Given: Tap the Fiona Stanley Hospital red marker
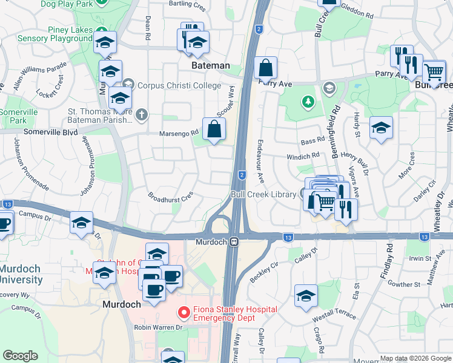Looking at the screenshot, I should [182, 313].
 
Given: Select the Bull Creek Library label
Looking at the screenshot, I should [263, 194].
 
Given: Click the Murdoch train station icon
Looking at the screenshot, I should [233, 241].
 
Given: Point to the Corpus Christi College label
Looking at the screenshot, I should [179, 85].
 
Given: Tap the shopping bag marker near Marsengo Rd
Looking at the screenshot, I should [214, 129].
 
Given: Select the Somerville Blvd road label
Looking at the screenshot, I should [51, 131].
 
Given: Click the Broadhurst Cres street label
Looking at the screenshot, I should [170, 196].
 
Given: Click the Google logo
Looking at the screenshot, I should [21, 355].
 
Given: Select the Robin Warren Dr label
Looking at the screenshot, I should [158, 327].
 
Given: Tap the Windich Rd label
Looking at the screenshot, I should [303, 157].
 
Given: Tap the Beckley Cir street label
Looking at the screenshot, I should [263, 273].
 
